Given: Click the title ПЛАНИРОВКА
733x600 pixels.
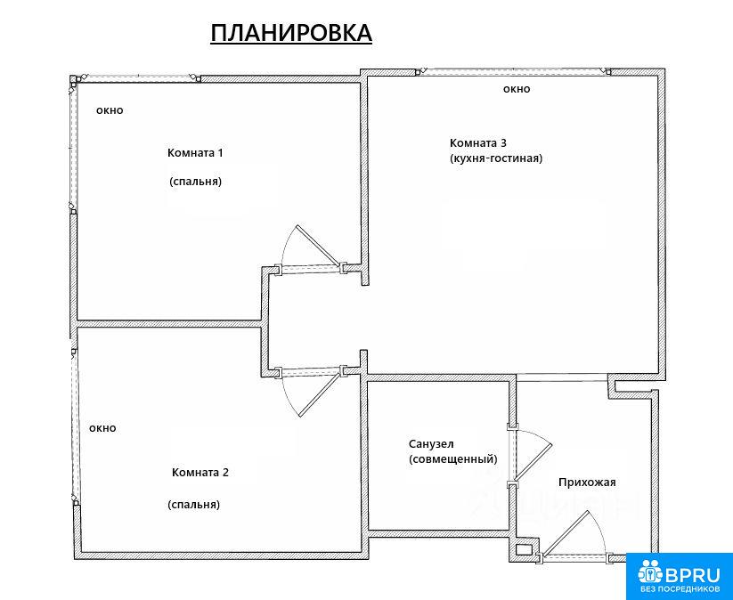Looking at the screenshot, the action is (x=290, y=33).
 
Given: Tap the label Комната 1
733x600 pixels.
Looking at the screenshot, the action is (x=195, y=153).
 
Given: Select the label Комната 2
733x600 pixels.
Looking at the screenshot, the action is (x=200, y=472).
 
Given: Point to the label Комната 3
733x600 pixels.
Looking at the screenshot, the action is (x=477, y=142).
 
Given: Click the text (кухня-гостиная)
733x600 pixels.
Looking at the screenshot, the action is (x=496, y=158).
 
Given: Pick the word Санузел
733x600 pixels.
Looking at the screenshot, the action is (x=431, y=443).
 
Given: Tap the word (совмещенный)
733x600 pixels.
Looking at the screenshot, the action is (x=453, y=459).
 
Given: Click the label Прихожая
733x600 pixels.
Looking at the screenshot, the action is (x=587, y=482).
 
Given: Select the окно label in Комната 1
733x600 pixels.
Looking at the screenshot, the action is (x=110, y=110).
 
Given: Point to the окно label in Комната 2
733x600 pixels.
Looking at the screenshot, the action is (x=102, y=428).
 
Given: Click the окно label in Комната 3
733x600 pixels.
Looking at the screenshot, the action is (x=517, y=89).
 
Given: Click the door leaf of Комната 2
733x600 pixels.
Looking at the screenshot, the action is (x=319, y=393).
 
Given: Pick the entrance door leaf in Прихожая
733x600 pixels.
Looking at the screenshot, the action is (x=566, y=533).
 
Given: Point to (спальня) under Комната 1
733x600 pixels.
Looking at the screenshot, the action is (x=195, y=182).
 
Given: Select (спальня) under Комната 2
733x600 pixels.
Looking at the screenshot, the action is (x=194, y=505).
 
